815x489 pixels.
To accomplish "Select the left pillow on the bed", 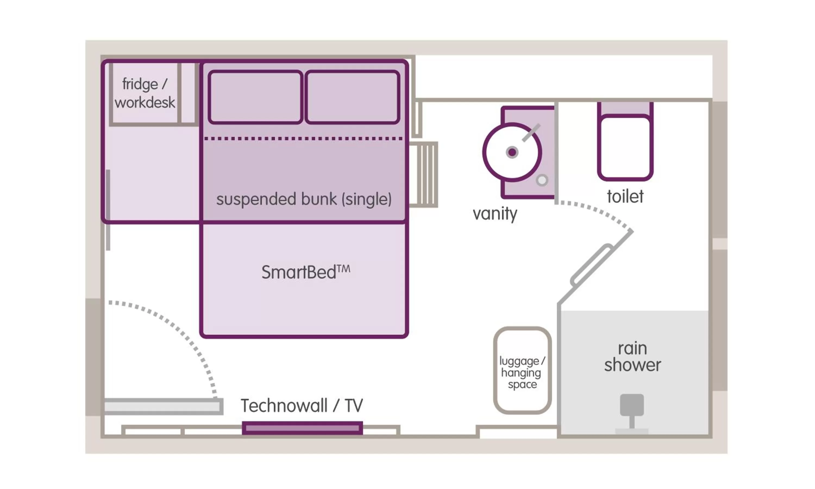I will pyautogui.click(x=255, y=97).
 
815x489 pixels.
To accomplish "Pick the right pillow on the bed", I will pyautogui.click(x=352, y=97).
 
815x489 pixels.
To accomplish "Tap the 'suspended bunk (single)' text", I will pyautogui.click(x=304, y=199).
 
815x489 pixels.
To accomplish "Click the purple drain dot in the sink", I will pyautogui.click(x=512, y=152).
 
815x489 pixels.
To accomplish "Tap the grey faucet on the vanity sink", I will pyautogui.click(x=531, y=133).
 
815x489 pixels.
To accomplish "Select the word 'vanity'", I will pyautogui.click(x=495, y=214).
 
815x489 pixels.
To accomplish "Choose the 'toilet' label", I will pyautogui.click(x=625, y=196).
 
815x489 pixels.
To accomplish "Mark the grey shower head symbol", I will pyautogui.click(x=632, y=405).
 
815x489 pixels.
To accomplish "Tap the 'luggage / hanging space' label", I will pyautogui.click(x=522, y=372).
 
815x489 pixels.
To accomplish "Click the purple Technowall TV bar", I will pyautogui.click(x=302, y=428).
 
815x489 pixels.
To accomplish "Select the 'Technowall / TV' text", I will pyautogui.click(x=302, y=405).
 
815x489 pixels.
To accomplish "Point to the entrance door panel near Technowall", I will pyautogui.click(x=163, y=406).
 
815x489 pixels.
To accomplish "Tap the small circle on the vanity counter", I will pyautogui.click(x=542, y=180).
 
